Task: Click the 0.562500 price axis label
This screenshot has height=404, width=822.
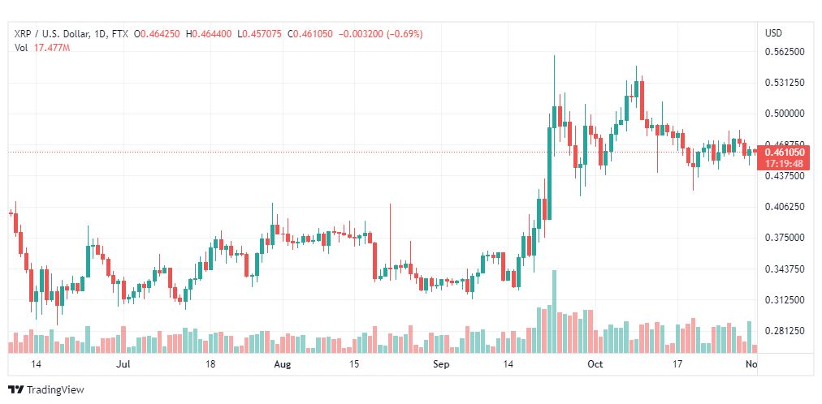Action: coord(785,51)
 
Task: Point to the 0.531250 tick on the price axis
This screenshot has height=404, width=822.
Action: coord(785,83)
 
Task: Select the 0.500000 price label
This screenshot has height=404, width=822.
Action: coord(785,114)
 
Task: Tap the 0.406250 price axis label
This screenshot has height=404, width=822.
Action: coord(785,207)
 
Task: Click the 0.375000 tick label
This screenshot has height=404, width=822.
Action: coord(785,238)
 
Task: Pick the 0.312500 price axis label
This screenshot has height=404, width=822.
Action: coord(785,300)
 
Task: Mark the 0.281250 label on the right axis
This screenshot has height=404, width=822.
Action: coord(785,331)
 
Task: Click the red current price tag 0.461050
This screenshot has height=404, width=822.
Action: coord(785,152)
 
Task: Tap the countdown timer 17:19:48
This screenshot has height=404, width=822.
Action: coord(785,163)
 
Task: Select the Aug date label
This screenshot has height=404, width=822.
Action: coord(282,365)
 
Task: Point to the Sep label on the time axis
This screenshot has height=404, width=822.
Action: coord(441,365)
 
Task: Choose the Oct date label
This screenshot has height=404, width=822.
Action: coord(595,365)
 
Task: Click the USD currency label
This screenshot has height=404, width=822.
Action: coord(773,33)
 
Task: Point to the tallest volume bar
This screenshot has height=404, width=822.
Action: coord(555,312)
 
